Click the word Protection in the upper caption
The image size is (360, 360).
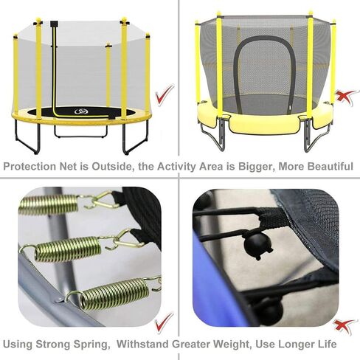(x=30, y=167)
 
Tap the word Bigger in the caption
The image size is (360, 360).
(x=256, y=167)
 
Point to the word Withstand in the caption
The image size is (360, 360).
(x=142, y=344)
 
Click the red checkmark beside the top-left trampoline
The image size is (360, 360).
(x=164, y=95)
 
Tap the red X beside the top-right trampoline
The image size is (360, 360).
(x=346, y=97)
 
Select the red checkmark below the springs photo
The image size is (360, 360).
(x=164, y=322)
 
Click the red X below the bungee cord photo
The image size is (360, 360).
(x=345, y=326)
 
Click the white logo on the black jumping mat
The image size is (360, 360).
(x=81, y=112)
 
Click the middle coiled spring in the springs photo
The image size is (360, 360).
(x=68, y=249)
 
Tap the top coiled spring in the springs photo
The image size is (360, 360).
(x=49, y=204)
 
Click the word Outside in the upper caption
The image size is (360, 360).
(x=112, y=167)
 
